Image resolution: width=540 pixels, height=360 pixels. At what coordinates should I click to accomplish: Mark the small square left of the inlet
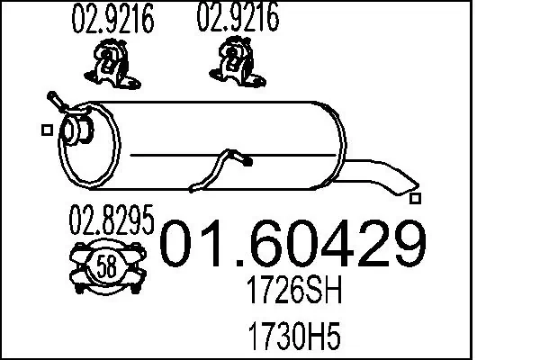point(47,130)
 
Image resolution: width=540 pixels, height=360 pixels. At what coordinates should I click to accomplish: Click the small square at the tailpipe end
point(415,198)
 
